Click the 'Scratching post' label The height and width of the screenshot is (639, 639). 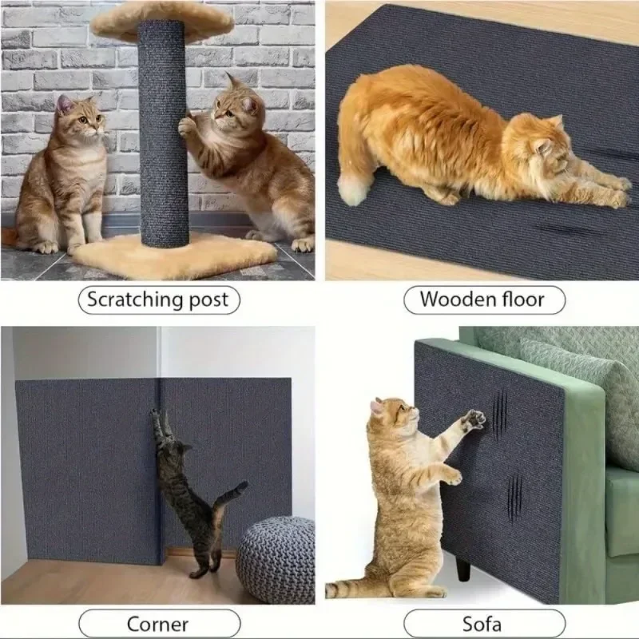coord(157,300)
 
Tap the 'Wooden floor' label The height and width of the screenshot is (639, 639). coord(482,300)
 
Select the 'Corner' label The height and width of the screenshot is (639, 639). coord(157,624)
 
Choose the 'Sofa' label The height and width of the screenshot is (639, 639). coord(483,624)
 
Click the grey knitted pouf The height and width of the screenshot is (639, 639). coord(276,560)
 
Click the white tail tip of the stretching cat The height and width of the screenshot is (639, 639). coord(351,189)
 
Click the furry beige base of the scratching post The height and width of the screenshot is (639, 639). coord(176,254)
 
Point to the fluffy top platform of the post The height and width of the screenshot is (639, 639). coord(160,20)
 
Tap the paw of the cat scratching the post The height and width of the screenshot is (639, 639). coord(189,125)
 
